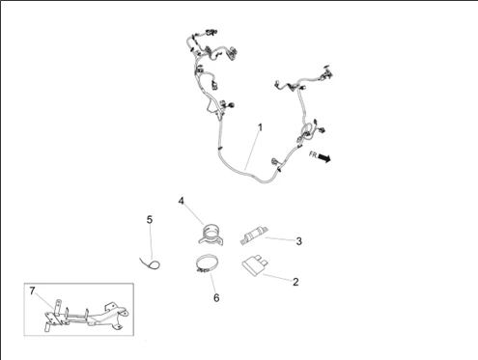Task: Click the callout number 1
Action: pos(260,127)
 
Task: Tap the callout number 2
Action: pos(295,282)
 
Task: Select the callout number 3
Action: pos(298,241)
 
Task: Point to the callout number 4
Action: pos(182,201)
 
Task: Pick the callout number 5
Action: pos(150,220)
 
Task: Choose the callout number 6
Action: pos(216,298)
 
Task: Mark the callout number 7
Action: pos(32,291)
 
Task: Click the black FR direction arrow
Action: pos(324,157)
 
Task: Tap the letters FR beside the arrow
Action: pos(313,154)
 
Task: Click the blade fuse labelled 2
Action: pos(256,265)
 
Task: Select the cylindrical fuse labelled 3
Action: pos(254,235)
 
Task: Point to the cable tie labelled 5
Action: pos(151,264)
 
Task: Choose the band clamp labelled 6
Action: pos(208,263)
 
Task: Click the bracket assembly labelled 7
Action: pos(86,316)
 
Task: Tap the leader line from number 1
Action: pos(252,151)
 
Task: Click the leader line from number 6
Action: pos(213,283)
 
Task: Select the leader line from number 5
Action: pos(151,242)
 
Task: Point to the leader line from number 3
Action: pos(280,239)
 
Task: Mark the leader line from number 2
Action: pos(277,278)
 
